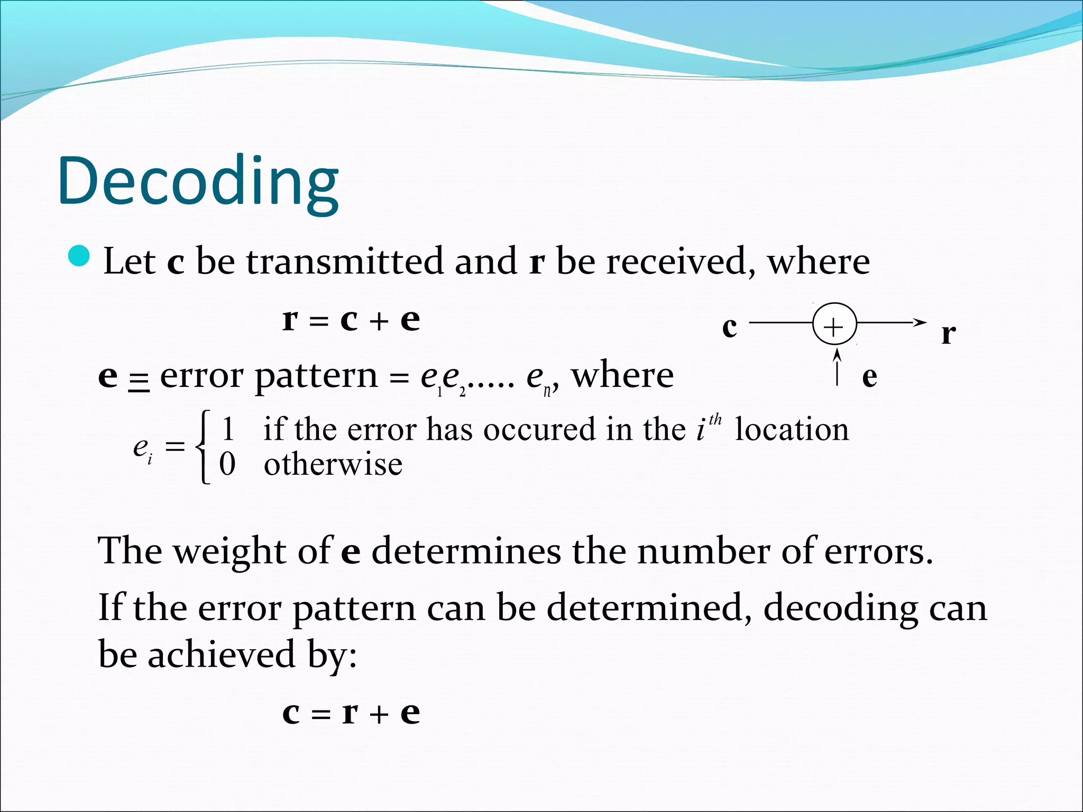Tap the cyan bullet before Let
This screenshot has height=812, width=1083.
(80, 256)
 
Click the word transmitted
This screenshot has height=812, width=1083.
(345, 262)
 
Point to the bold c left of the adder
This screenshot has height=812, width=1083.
(729, 328)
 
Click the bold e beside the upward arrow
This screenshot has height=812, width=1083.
(869, 377)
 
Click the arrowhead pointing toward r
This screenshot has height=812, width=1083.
(920, 322)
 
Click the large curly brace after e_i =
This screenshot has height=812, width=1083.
(204, 447)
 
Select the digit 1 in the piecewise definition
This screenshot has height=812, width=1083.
(228, 429)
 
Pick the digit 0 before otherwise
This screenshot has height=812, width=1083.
(227, 464)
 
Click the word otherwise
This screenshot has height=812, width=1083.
(333, 465)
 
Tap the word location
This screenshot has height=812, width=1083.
(791, 429)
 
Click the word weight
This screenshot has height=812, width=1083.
(230, 551)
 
